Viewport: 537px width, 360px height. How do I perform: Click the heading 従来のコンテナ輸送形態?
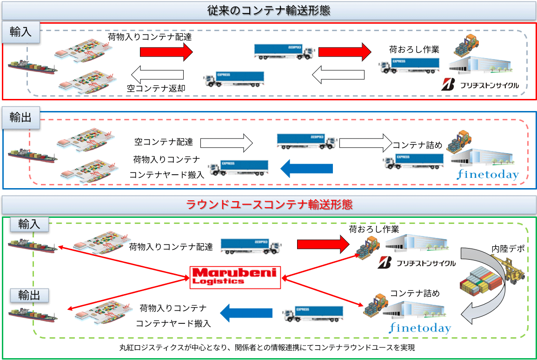point(268,11)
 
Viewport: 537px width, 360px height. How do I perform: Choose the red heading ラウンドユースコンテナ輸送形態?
point(269,204)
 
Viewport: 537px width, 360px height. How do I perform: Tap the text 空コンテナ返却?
point(156,87)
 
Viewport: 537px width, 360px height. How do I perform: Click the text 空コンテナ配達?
point(164,141)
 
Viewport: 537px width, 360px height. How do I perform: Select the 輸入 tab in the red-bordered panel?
point(21,33)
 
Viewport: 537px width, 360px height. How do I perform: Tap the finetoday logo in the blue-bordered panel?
point(487,175)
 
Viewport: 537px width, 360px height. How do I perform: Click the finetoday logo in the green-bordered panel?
point(420,328)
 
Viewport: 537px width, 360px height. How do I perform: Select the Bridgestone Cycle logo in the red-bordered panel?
point(480,85)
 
